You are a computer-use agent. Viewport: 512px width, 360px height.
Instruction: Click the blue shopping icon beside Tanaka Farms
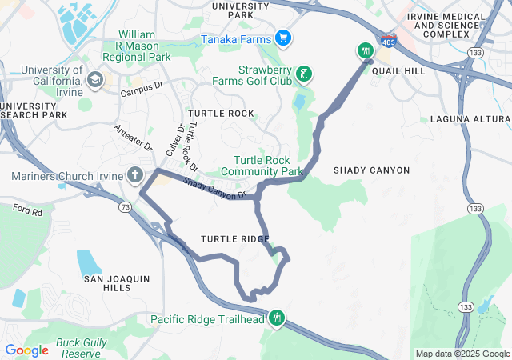click(x=282, y=38)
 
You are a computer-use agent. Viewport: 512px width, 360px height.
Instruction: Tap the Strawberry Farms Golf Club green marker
click(x=303, y=75)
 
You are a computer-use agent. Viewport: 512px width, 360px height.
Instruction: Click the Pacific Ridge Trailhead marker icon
click(x=277, y=318)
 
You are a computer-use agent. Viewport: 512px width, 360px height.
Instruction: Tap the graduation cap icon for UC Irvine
click(x=95, y=78)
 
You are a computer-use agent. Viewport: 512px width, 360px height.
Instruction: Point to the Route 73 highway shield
click(x=125, y=207)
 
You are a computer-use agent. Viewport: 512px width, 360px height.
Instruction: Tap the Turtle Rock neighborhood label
click(x=220, y=114)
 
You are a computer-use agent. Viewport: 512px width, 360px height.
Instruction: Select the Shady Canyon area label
click(x=371, y=170)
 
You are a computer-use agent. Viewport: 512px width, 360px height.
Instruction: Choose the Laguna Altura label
click(x=470, y=119)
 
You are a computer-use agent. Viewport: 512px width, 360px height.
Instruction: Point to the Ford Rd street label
click(x=27, y=210)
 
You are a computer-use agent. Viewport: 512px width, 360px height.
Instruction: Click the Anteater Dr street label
click(x=133, y=137)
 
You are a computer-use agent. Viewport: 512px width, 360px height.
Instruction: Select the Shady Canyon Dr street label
click(x=214, y=190)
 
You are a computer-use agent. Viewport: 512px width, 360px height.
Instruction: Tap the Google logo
click(x=26, y=350)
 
